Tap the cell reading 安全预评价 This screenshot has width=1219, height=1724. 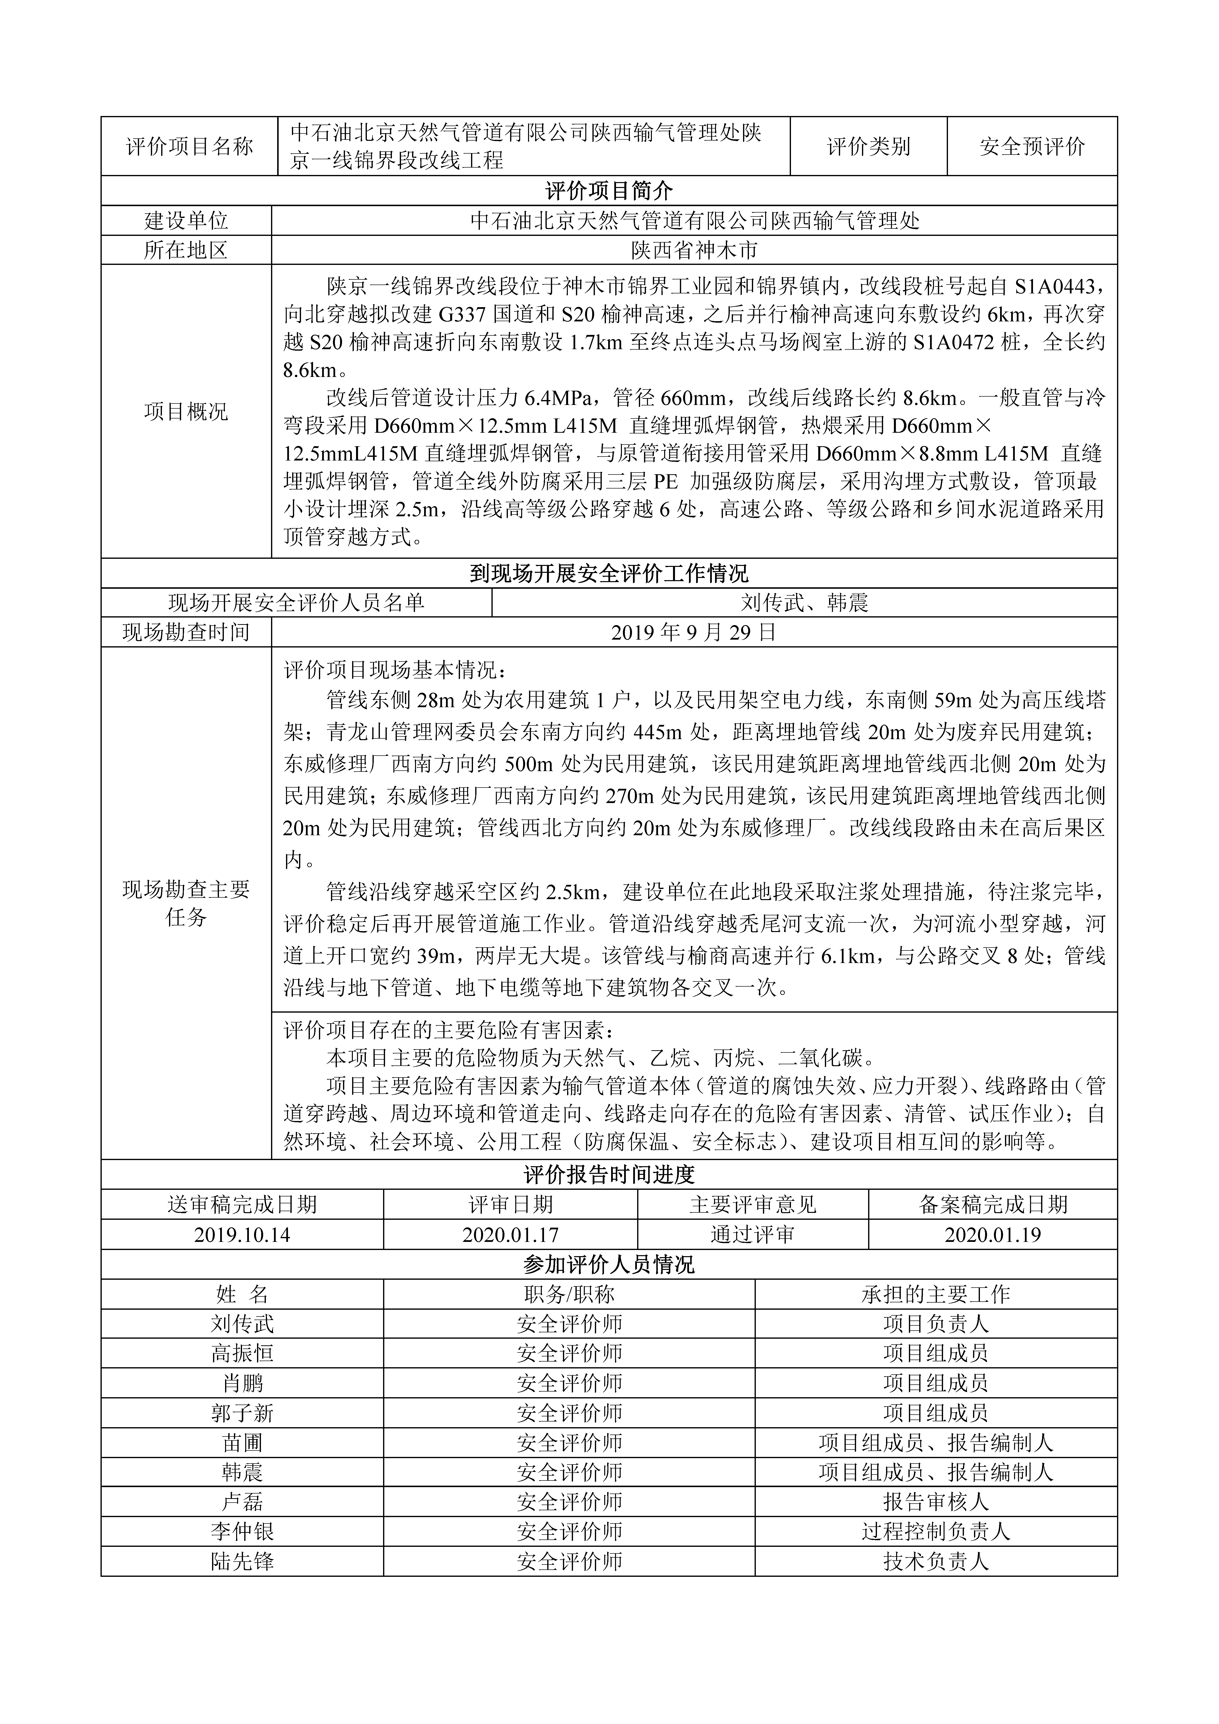[x=1032, y=146]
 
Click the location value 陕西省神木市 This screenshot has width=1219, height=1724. [x=694, y=250]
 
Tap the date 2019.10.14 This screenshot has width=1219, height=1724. [x=242, y=1235]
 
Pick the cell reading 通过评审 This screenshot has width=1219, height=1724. [x=753, y=1235]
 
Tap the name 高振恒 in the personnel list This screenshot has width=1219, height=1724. [x=242, y=1353]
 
